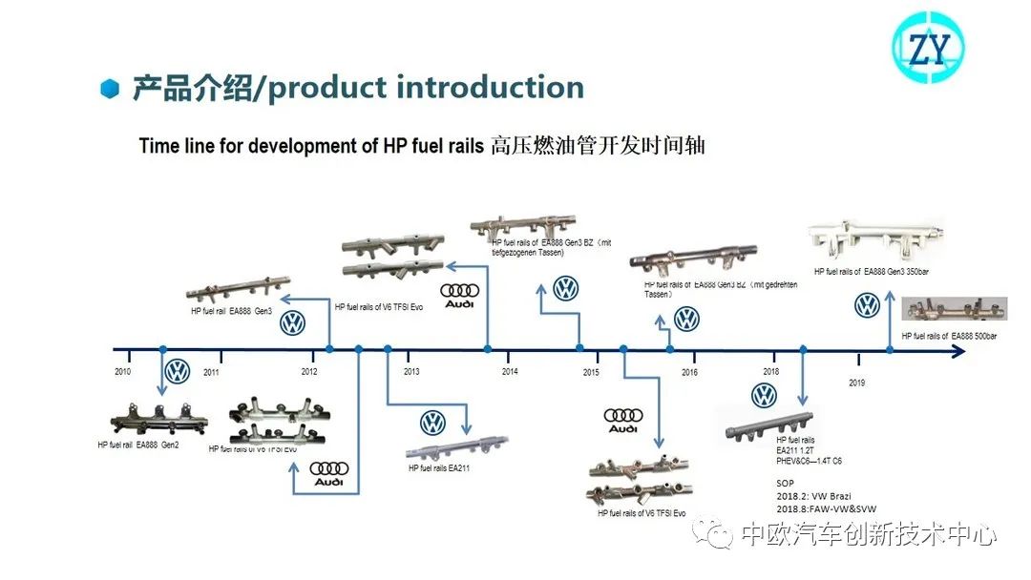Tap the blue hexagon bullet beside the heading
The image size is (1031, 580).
point(111,90)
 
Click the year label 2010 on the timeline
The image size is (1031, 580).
point(122,370)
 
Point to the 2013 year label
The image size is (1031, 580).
point(411,371)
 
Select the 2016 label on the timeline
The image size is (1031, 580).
point(689,372)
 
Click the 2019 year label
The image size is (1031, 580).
point(857,383)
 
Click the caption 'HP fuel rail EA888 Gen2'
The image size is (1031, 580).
point(138,445)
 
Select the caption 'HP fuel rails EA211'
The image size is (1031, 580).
point(439,468)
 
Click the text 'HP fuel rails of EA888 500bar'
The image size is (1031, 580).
point(950,336)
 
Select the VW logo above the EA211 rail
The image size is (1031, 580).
point(432,423)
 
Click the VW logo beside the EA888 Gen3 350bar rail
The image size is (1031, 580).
point(867,305)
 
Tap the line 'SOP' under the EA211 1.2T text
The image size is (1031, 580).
point(786,484)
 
